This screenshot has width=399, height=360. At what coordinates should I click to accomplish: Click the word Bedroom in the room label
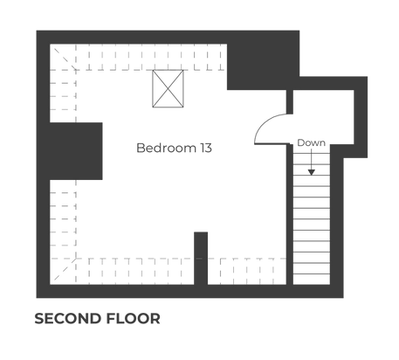[x=166, y=148]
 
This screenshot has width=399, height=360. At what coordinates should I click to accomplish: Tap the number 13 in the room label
[x=206, y=148]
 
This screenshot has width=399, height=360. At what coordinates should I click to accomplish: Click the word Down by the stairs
[x=311, y=142]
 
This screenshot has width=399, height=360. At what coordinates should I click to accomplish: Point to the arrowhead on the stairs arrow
[x=312, y=172]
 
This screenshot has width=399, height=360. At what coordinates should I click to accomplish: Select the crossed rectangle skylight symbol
[x=168, y=88]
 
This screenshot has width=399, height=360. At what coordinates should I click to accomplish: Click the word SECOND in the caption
[x=68, y=318]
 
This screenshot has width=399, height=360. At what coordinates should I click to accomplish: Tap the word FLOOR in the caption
[x=133, y=318]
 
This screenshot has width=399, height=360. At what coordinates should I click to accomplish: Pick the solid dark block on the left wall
[x=76, y=151]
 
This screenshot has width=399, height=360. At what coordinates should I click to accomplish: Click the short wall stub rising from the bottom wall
[x=201, y=259]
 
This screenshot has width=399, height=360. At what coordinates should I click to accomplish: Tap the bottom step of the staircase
[x=312, y=280]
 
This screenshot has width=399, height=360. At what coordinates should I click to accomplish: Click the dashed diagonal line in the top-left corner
[x=65, y=59]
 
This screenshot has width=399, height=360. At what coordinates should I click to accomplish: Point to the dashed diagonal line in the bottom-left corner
[x=65, y=269]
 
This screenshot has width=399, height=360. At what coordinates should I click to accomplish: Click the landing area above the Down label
[x=323, y=116]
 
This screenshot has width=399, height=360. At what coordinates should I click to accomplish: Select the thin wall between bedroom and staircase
[x=290, y=214]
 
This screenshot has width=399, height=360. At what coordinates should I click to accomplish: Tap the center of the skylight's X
[x=168, y=88]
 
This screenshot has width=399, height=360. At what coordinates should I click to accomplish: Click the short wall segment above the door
[x=290, y=101]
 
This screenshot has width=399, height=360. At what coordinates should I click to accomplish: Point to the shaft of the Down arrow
[x=312, y=159]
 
